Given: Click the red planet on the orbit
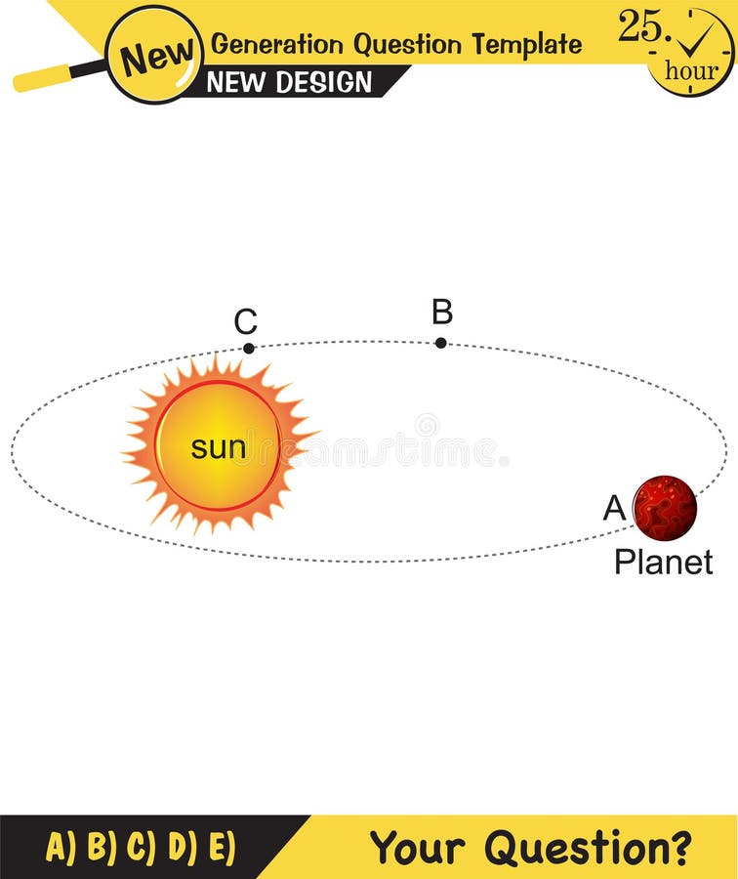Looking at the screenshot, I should point(665,508).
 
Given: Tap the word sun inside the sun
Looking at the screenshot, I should point(218,447).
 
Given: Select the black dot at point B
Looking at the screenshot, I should point(441,343).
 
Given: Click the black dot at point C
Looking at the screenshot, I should point(249,348).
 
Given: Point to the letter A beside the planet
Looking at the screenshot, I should point(614,508).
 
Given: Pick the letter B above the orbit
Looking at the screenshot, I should point(442,313).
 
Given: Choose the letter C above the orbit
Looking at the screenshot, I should point(246,321).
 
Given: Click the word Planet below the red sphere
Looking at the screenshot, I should point(664,562).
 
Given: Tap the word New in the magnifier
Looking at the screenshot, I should point(154,56).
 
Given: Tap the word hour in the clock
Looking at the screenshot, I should point(691,70).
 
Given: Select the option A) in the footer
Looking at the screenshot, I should point(61,846).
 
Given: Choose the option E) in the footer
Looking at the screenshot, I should point(222,846).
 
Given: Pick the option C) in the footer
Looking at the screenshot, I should point(141,846).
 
